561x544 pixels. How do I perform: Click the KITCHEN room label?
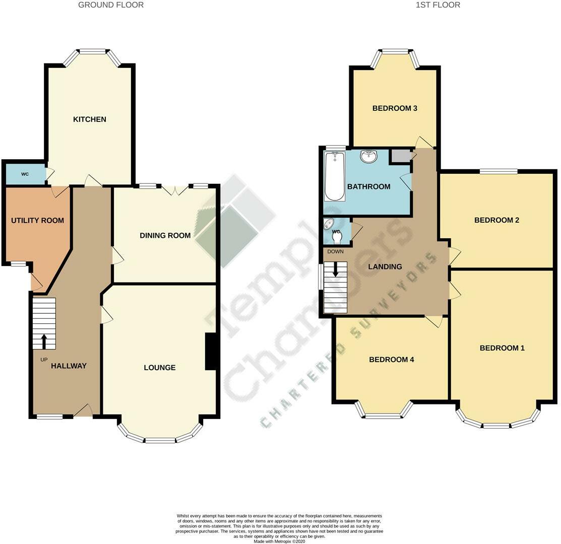click(90, 119)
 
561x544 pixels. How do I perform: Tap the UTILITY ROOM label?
click(37, 221)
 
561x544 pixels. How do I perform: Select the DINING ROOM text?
click(165, 235)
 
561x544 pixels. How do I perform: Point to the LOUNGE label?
click(160, 368)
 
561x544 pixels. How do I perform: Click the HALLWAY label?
click(69, 366)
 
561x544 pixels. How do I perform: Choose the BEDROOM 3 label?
click(395, 108)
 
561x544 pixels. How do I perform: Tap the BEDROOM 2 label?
click(496, 220)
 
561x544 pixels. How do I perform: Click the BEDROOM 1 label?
click(502, 348)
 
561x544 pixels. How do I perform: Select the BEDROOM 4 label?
click(392, 360)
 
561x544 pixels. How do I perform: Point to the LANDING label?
click(385, 267)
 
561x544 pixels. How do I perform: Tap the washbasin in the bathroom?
click(369, 157)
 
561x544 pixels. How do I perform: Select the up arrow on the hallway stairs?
click(44, 341)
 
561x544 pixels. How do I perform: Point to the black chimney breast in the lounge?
click(212, 352)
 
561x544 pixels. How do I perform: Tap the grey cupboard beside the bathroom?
click(401, 156)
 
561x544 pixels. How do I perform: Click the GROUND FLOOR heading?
click(111, 5)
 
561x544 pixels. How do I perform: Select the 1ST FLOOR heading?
click(438, 5)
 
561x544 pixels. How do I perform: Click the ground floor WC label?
click(25, 174)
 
